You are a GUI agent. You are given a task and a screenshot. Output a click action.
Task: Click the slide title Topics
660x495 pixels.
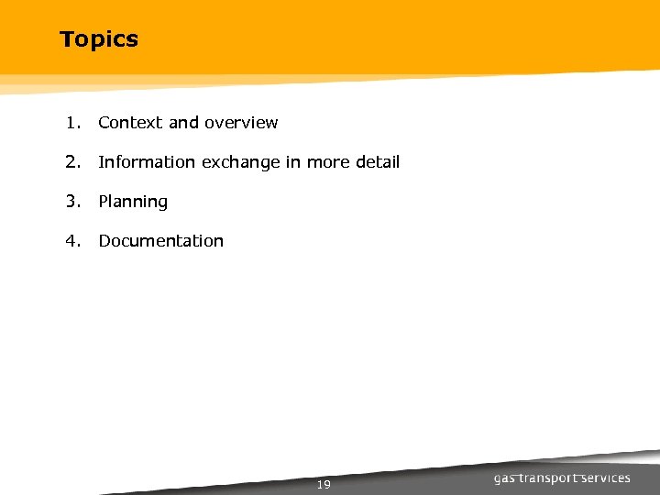coord(99,39)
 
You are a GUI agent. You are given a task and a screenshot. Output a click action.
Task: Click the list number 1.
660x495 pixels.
coord(71,123)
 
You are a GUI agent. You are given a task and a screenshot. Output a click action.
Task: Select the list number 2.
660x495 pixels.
coord(71,162)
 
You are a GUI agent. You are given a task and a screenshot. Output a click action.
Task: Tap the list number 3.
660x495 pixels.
coord(71,202)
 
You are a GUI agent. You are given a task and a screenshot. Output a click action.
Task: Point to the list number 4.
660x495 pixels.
coord(71,241)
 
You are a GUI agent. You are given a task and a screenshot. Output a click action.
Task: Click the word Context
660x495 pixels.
coord(130,123)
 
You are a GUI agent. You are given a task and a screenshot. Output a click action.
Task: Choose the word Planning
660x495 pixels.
coord(133,202)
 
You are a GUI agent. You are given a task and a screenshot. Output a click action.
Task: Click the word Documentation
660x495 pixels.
coord(160,241)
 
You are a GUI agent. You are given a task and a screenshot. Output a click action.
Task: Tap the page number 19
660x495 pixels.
coord(323,484)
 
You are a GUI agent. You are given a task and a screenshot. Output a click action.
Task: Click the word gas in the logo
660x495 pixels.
coord(506,478)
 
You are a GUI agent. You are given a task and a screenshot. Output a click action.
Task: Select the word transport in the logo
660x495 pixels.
coord(552,478)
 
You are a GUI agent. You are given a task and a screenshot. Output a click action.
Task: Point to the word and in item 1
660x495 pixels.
coord(183,123)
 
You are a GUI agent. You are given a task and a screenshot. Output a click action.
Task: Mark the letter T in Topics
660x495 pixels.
coord(66,39)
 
